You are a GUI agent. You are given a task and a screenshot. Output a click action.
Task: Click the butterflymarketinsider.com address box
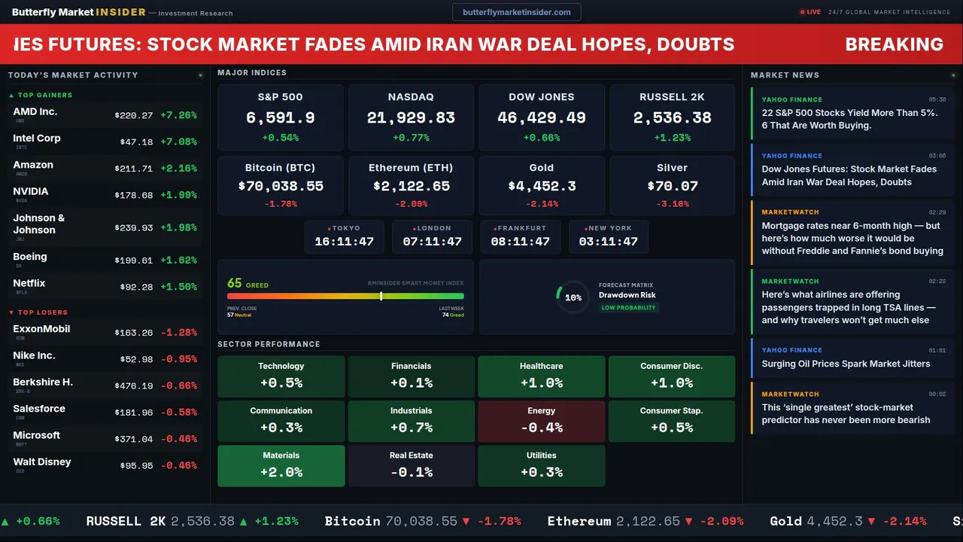click(516, 12)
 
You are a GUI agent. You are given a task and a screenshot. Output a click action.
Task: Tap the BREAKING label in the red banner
click(894, 44)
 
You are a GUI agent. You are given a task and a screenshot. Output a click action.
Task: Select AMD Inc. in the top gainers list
click(35, 112)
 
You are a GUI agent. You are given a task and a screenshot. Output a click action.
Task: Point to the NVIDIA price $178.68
click(133, 196)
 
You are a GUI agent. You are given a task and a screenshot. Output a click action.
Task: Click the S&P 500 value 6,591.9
click(281, 118)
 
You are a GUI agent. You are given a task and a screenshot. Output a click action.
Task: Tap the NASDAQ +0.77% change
click(411, 138)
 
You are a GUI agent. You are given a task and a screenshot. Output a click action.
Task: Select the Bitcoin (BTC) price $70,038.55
click(281, 186)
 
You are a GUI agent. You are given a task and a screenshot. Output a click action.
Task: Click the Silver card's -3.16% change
click(672, 204)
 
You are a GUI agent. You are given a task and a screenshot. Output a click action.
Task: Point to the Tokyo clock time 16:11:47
click(344, 242)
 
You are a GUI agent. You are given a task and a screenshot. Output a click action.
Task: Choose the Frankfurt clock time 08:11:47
click(520, 242)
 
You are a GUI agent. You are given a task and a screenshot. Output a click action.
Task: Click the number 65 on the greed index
click(235, 284)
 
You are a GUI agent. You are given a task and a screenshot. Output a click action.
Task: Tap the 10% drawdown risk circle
click(573, 297)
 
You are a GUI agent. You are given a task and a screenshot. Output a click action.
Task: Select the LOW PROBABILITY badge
click(628, 308)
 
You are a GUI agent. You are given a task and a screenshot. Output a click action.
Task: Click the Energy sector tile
click(541, 421)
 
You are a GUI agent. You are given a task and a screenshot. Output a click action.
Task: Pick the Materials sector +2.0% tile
click(281, 465)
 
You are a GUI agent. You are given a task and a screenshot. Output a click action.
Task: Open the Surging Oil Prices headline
click(846, 364)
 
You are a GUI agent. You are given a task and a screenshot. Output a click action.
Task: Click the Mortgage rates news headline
click(852, 238)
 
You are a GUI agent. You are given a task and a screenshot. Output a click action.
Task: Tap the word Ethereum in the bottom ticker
click(579, 521)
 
